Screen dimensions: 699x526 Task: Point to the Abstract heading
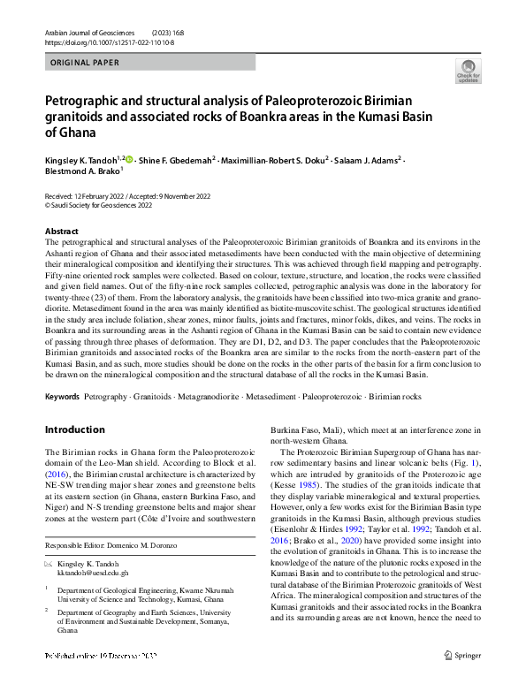61,230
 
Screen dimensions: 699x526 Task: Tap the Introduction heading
74,429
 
